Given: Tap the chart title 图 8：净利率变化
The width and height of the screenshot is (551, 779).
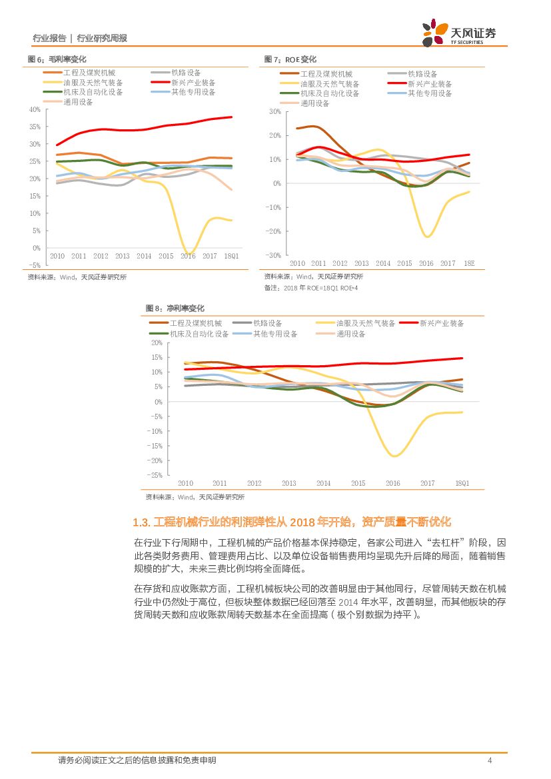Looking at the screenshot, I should pyautogui.click(x=175, y=309).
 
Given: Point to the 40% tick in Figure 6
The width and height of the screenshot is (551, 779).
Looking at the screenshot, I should pyautogui.click(x=35, y=109).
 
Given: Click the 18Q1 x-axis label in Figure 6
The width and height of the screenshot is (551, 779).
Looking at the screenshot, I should pyautogui.click(x=231, y=256).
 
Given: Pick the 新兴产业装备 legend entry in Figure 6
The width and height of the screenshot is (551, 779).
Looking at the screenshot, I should pyautogui.click(x=193, y=83).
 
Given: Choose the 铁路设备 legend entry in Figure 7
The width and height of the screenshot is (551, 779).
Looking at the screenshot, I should pyautogui.click(x=422, y=74).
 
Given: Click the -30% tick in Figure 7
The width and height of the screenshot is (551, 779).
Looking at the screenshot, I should pyautogui.click(x=273, y=255).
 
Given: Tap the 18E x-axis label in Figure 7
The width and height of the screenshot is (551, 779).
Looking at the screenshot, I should pyautogui.click(x=468, y=263).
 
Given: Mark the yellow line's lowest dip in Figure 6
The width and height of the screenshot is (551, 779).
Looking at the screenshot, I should pyautogui.click(x=189, y=253).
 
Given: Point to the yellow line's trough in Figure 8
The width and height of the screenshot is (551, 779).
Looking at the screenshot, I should pyautogui.click(x=394, y=456).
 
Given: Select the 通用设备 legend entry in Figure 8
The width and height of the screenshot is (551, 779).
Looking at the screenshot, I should pyautogui.click(x=351, y=334).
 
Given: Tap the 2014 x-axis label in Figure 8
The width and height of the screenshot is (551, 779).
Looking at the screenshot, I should pyautogui.click(x=323, y=483).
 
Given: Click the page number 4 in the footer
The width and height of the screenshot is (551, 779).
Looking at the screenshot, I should pyautogui.click(x=490, y=760).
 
